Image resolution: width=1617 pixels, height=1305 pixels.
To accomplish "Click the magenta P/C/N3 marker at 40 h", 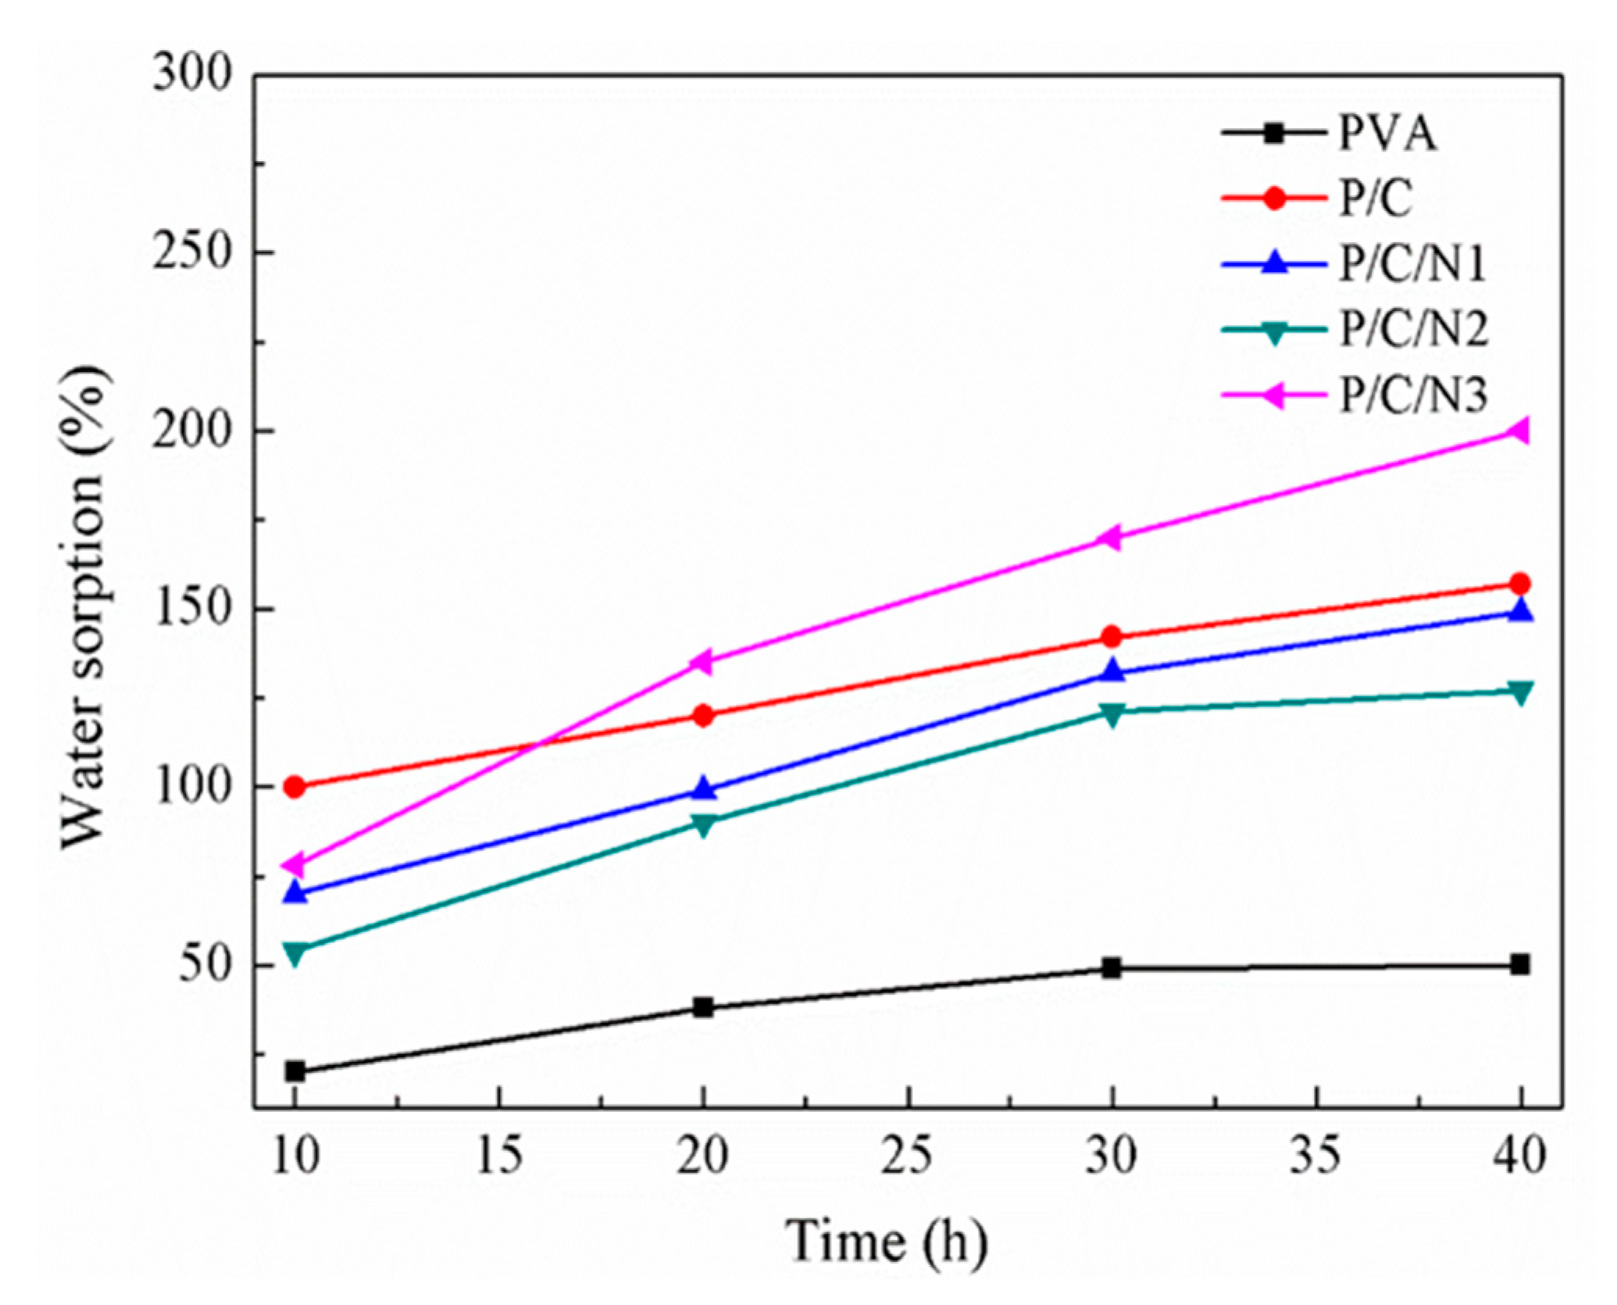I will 1519,431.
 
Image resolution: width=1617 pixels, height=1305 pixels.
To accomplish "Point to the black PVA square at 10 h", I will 294,1071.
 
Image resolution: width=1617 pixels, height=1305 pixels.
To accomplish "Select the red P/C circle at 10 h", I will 294,787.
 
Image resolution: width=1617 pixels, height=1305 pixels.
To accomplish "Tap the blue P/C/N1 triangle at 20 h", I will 703,789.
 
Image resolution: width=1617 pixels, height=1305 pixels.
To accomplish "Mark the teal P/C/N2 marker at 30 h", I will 1112,713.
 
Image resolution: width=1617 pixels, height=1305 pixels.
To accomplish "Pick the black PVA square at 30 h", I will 1112,968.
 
